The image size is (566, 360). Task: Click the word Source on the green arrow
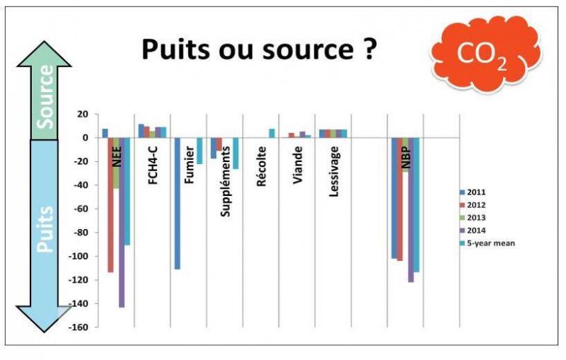(x=46, y=97)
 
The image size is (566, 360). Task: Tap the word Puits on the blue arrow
(x=45, y=229)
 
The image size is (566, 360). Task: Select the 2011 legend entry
(x=473, y=192)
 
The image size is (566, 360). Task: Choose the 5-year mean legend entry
(x=487, y=243)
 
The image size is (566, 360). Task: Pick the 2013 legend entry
(x=473, y=218)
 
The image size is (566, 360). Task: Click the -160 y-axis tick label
(x=79, y=327)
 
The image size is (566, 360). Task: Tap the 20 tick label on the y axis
(x=83, y=115)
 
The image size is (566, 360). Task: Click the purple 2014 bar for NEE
(x=122, y=223)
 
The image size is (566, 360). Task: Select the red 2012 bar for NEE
(x=110, y=205)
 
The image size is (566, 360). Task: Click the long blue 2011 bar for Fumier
(x=178, y=204)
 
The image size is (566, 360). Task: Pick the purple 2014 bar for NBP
(x=411, y=210)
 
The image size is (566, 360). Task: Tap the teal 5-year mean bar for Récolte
(x=272, y=134)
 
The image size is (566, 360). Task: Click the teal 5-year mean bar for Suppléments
(x=236, y=153)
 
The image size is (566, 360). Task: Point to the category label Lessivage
(x=334, y=171)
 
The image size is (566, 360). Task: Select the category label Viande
(x=298, y=165)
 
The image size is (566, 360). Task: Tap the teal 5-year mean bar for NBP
(x=417, y=205)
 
